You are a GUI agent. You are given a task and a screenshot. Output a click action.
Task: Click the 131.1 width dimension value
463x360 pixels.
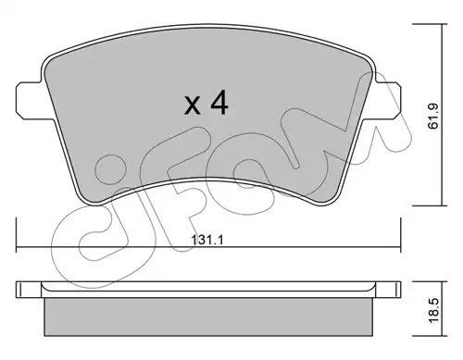pyautogui.click(x=207, y=240)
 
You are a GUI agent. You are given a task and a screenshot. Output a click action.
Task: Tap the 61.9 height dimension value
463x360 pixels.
pyautogui.click(x=434, y=117)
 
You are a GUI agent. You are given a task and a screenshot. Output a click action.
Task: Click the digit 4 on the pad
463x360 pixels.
pyautogui.click(x=219, y=104)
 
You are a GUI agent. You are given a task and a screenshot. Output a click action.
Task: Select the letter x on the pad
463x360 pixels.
pyautogui.click(x=192, y=106)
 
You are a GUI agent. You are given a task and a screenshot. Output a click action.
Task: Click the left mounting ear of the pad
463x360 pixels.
pyautogui.click(x=30, y=99)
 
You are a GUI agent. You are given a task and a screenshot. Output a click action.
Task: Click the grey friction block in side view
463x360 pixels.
pyautogui.click(x=208, y=317)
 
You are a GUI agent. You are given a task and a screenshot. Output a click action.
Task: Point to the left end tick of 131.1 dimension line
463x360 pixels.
pyautogui.click(x=16, y=235)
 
